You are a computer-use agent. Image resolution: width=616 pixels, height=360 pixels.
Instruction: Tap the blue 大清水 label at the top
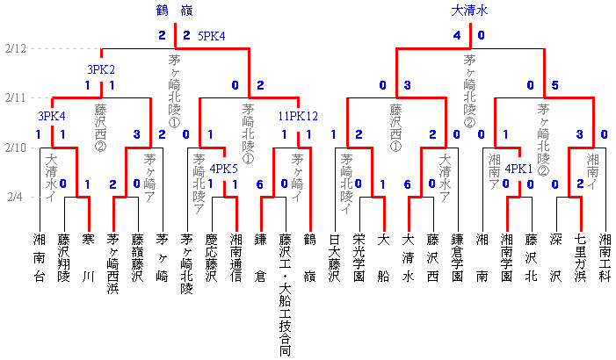click(x=469, y=11)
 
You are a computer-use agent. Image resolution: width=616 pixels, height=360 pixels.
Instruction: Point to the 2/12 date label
click(x=15, y=47)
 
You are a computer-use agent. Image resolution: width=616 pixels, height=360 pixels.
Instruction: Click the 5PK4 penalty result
click(x=211, y=36)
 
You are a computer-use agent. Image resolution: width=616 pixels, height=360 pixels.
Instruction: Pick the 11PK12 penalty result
click(x=297, y=116)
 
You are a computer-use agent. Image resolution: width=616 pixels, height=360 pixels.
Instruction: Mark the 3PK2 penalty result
click(x=101, y=68)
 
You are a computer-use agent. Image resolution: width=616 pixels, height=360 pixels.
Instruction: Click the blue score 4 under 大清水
click(x=457, y=36)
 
